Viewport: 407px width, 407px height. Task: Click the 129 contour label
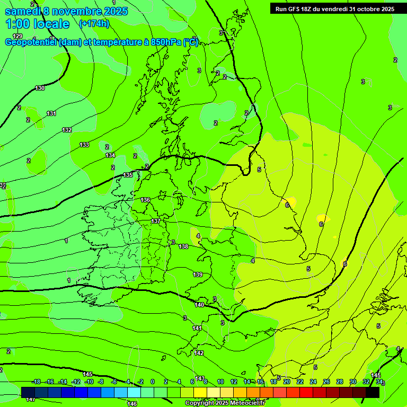coord(17,36)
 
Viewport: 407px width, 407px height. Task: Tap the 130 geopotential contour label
coord(40,88)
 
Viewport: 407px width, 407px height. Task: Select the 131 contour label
coord(51,113)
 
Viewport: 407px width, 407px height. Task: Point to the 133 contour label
coord(84,145)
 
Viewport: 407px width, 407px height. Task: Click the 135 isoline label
coord(128,175)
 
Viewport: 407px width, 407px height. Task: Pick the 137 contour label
coord(156,221)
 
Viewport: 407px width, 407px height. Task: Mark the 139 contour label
coord(198,275)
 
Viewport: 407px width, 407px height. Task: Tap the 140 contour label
coord(199,305)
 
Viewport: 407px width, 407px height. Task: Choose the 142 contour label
coord(199,353)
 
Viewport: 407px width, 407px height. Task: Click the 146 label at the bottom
coord(132,404)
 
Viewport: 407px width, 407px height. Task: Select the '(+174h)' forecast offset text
coord(94,23)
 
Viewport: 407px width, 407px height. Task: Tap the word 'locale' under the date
coord(51,24)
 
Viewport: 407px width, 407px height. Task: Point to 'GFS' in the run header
coord(297,8)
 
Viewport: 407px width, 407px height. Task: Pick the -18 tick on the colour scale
coord(37,382)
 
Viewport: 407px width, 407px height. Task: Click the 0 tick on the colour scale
coord(153,382)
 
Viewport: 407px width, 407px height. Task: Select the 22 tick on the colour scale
coord(300,382)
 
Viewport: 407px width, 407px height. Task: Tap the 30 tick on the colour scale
coord(353,382)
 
